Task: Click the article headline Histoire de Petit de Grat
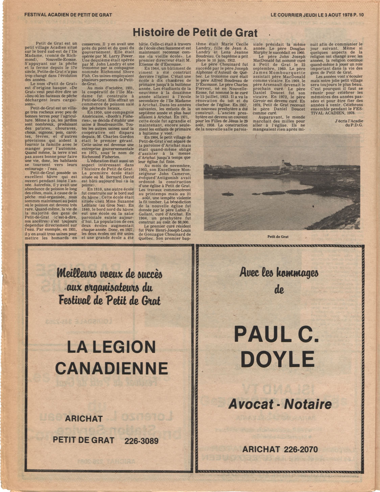click(195, 32)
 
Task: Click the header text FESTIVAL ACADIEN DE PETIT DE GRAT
click(68, 15)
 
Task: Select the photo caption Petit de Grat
click(278, 237)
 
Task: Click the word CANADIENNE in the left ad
click(111, 368)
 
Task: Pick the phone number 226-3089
click(141, 441)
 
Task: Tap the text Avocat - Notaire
click(280, 404)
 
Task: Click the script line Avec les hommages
click(279, 272)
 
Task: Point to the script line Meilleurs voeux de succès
click(110, 273)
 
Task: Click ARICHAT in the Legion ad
click(84, 419)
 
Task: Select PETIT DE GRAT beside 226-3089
click(83, 440)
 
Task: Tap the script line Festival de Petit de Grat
click(110, 300)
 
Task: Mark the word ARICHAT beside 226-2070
click(261, 449)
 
